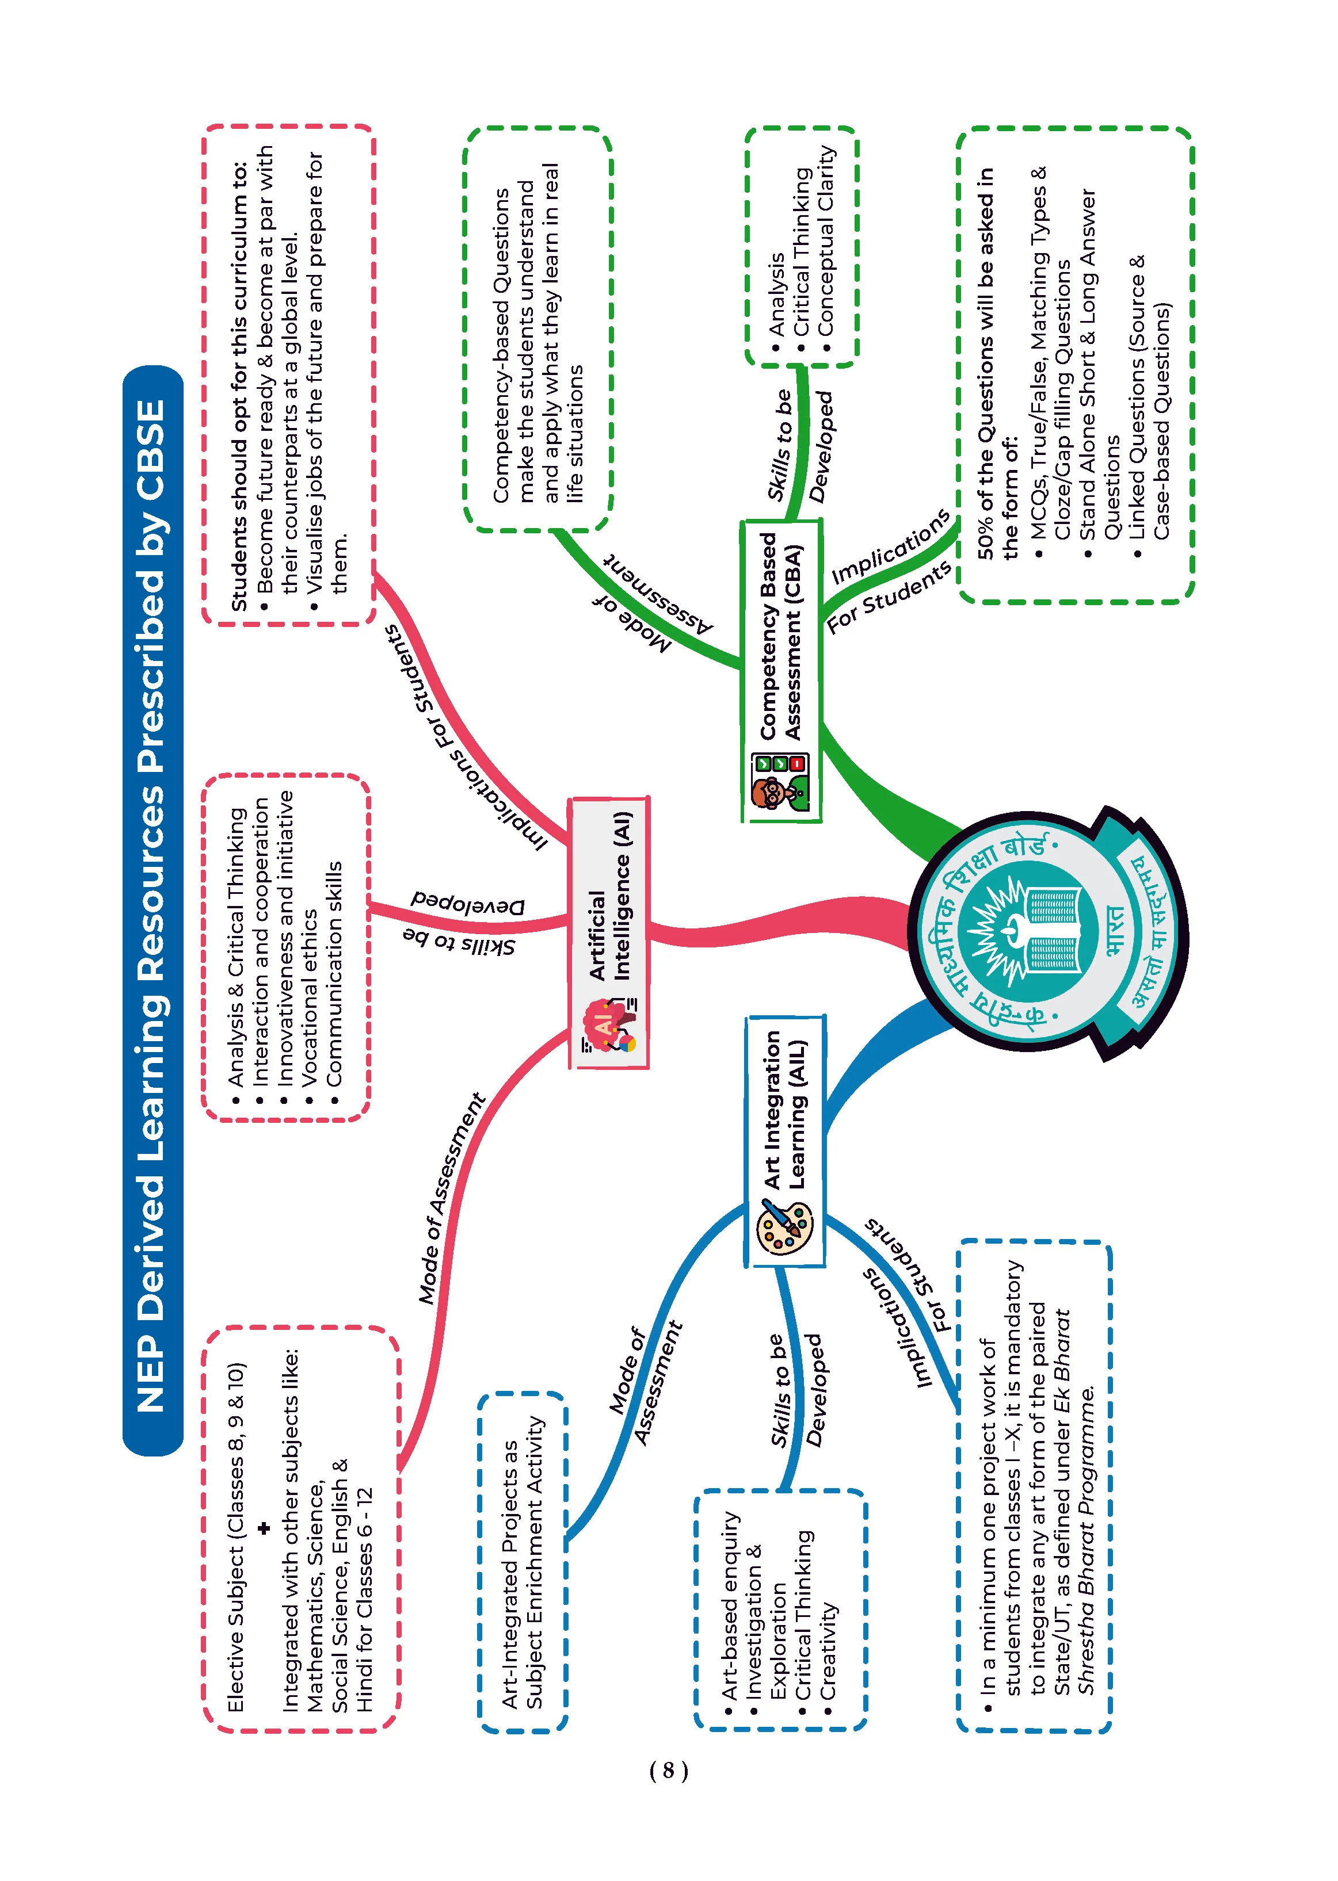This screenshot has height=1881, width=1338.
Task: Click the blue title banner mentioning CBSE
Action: [x=153, y=911]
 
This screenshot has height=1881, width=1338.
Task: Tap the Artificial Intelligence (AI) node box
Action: [x=609, y=933]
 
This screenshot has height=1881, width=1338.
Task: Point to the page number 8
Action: [x=668, y=1770]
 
